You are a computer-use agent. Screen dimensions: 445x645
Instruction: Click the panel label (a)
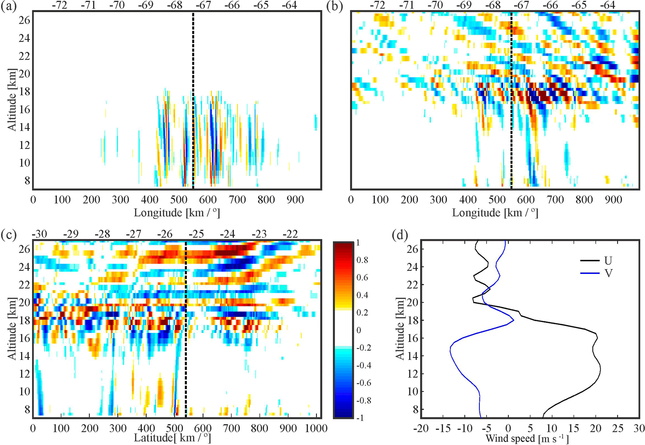[8, 6]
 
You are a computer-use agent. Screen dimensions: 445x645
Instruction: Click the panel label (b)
[335, 6]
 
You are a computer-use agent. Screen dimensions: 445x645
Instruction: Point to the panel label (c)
[8, 235]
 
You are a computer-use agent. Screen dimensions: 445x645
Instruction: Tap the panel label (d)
[400, 235]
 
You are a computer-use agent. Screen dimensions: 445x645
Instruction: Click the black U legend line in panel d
[589, 260]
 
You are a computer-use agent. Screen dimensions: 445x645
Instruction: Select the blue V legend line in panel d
[589, 273]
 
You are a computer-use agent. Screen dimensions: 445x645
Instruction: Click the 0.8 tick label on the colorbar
[362, 260]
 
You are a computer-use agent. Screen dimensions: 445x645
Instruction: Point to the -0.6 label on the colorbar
[364, 383]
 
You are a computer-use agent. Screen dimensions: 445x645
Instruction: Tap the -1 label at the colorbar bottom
[360, 418]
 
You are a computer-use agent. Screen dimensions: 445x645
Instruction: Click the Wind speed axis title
[527, 439]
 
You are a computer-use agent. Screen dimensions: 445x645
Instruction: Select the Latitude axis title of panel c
[172, 438]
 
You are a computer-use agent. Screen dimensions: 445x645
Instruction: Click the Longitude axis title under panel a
[177, 213]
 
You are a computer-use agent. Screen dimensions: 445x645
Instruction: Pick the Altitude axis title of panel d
[400, 329]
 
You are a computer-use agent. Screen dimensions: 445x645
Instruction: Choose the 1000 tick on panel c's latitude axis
[316, 428]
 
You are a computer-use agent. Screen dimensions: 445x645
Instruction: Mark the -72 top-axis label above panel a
[59, 5]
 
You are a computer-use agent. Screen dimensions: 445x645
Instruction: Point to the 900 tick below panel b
[613, 199]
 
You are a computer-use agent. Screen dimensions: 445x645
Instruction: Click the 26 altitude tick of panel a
[25, 21]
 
